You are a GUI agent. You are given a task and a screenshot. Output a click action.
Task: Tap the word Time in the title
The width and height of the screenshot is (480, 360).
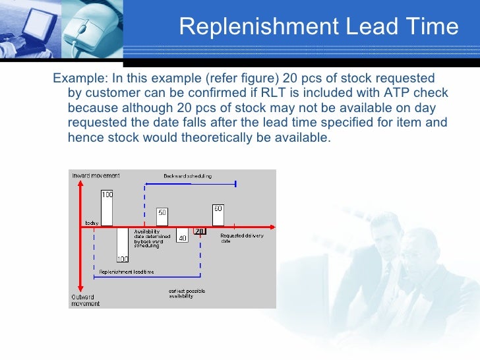pyautogui.click(x=432, y=26)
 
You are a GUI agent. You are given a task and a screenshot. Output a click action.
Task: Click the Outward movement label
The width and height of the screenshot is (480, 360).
pyautogui.click(x=86, y=301)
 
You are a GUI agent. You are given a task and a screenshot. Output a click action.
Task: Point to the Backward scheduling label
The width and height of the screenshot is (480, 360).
pyautogui.click(x=187, y=176)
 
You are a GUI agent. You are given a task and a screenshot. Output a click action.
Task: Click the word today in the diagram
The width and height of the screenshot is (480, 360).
pyautogui.click(x=92, y=223)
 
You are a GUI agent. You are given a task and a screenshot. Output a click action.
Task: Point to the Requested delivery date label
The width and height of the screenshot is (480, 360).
pyautogui.click(x=241, y=237)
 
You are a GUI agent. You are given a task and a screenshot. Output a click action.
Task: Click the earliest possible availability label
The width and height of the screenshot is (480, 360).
pyautogui.click(x=181, y=294)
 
